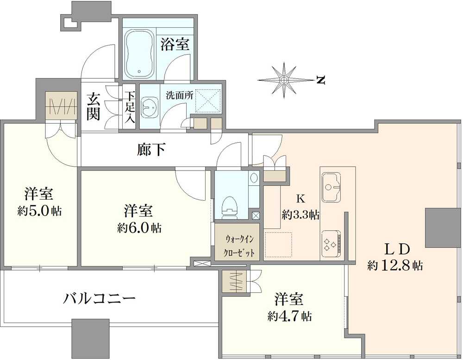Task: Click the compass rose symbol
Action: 283,81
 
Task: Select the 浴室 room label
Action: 175,45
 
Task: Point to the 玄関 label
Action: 94,107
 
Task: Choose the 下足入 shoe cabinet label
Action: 129,107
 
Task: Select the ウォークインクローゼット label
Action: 239,246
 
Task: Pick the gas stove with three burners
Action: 330,243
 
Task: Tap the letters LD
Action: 397,250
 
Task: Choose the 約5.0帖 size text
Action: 39,211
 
